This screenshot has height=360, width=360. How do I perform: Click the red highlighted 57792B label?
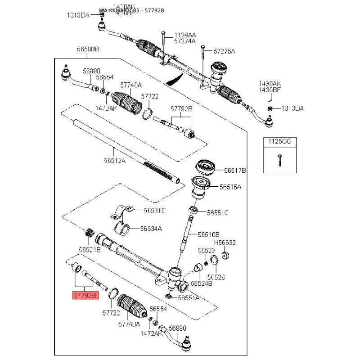click(x=83, y=296)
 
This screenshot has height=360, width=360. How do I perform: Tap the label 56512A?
click(x=114, y=159)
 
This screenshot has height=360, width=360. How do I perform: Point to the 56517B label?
click(x=235, y=170)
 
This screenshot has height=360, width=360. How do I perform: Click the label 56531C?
click(x=154, y=210)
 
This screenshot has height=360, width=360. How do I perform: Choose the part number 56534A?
click(x=151, y=228)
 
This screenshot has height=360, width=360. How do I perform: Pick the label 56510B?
click(x=209, y=234)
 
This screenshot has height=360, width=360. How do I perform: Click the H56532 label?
click(x=225, y=243)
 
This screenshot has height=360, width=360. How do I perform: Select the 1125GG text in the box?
click(x=280, y=141)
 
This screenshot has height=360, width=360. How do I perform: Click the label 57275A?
click(x=224, y=51)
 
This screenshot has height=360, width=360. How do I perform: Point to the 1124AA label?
click(x=185, y=35)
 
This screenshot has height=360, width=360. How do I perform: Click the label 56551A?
click(x=189, y=297)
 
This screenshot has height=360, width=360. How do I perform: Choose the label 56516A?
click(x=230, y=187)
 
